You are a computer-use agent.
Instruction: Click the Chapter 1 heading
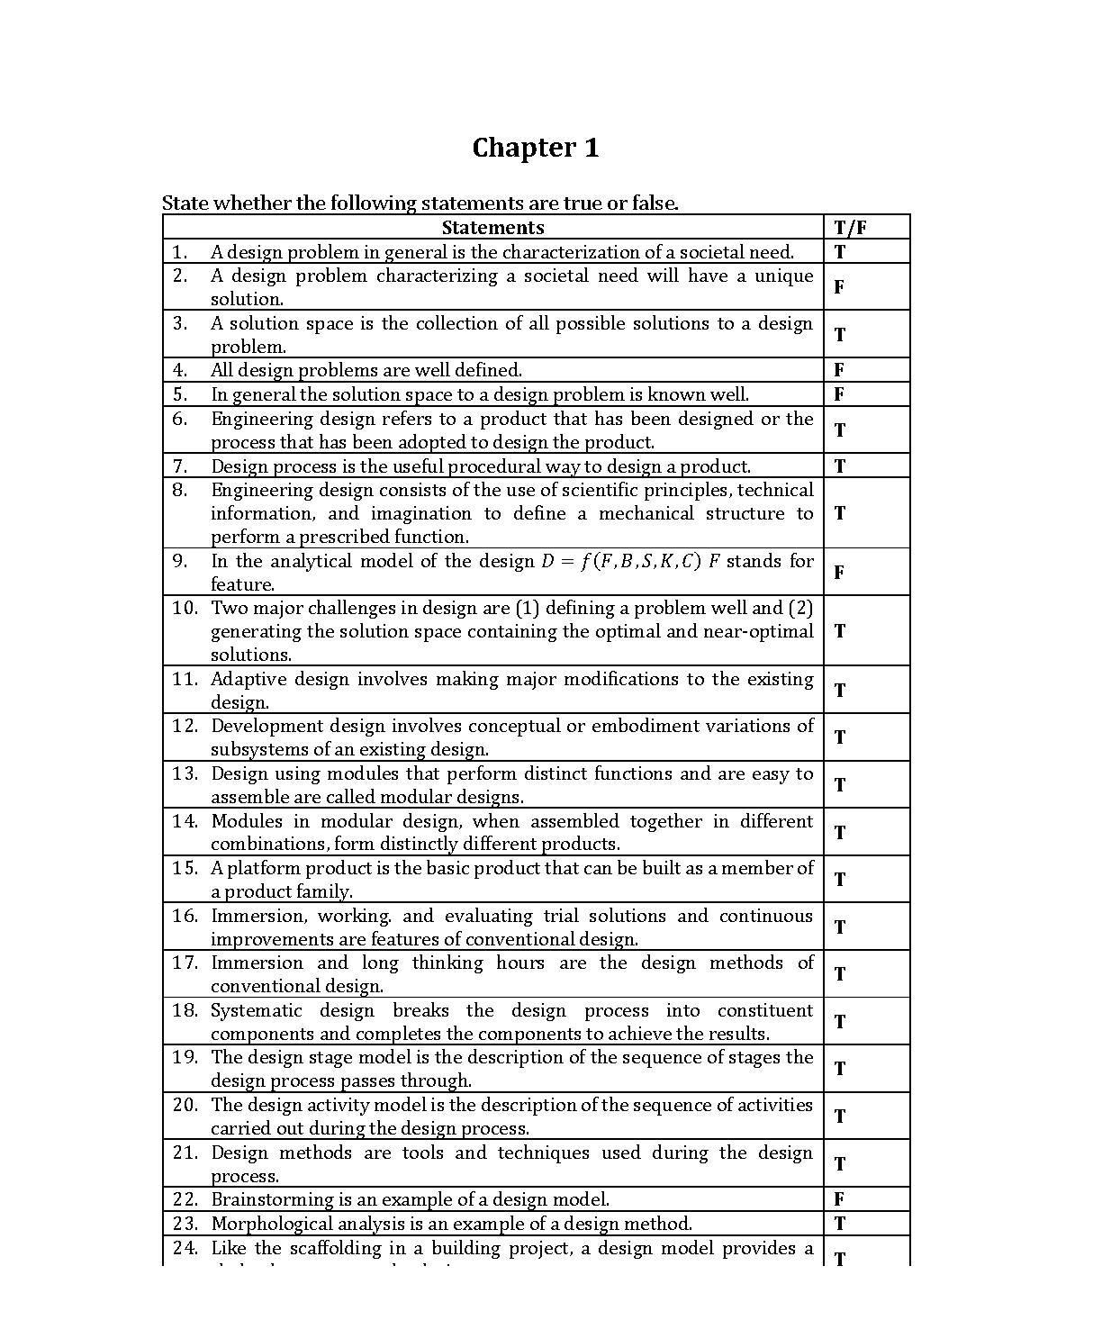pos(535,148)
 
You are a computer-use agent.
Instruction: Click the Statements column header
pos(492,228)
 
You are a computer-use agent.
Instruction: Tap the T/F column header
pos(850,228)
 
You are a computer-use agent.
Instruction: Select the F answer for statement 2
pos(839,287)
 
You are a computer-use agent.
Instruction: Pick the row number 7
pos(180,466)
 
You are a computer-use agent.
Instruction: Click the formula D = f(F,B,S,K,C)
pos(620,562)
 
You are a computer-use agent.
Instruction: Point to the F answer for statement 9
pos(839,573)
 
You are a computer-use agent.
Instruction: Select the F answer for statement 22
pos(839,1199)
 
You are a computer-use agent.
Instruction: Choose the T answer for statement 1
pos(840,252)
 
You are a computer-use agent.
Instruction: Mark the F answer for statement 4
pos(839,370)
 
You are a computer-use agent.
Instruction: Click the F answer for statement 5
pos(839,394)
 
